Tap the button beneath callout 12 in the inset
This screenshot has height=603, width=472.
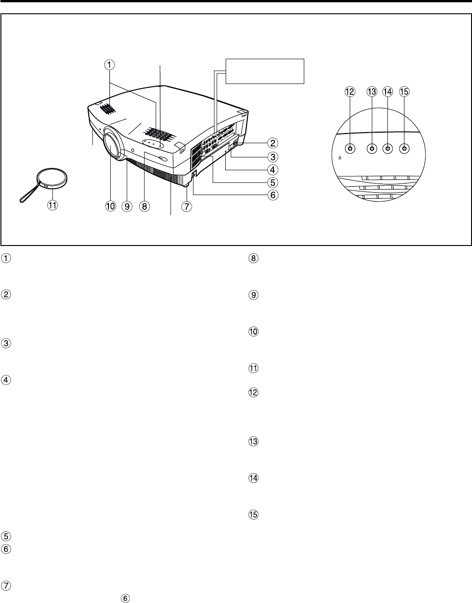[350, 149]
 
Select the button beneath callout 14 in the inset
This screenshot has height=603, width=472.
[388, 149]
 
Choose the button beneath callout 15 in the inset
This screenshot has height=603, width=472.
[404, 149]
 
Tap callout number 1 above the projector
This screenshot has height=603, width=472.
[109, 65]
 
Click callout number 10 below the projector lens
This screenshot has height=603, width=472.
[110, 207]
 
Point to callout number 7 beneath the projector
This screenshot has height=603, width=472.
[186, 207]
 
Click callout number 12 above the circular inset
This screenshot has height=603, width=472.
[350, 91]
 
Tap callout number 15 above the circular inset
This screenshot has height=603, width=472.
[404, 91]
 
